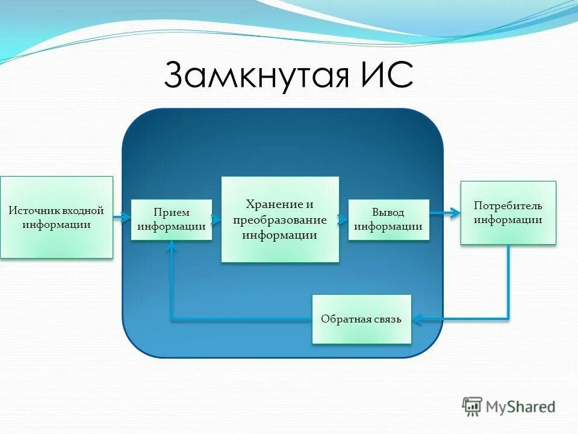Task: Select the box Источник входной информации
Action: click(x=57, y=217)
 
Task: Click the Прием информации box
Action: click(x=172, y=219)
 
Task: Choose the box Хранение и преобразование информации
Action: click(x=280, y=219)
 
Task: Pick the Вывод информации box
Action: click(x=388, y=219)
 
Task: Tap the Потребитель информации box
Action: click(x=508, y=213)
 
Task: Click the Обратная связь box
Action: click(x=361, y=319)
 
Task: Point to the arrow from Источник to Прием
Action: click(x=122, y=216)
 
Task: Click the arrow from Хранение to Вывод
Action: click(x=344, y=218)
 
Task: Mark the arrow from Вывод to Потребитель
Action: click(x=445, y=212)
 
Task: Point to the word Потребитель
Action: click(x=508, y=206)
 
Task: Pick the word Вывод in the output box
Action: click(x=388, y=213)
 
